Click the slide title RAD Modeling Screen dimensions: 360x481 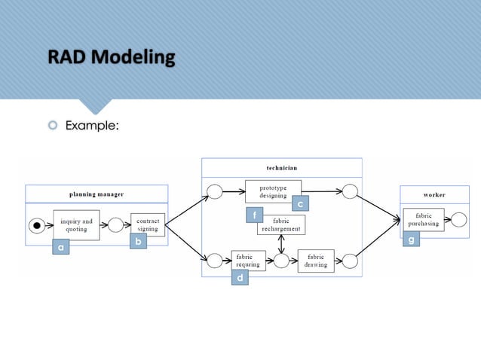click(111, 57)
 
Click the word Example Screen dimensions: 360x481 click(92, 125)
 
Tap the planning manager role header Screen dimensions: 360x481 click(98, 194)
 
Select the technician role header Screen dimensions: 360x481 click(281, 167)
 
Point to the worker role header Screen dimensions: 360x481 click(434, 194)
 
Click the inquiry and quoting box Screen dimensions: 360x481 click(76, 225)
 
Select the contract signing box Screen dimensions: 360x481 click(147, 225)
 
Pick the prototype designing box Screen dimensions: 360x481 click(273, 191)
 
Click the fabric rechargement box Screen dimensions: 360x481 click(280, 224)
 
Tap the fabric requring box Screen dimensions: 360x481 click(248, 261)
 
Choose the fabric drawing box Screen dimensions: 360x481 click(316, 261)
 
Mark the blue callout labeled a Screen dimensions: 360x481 click(60, 247)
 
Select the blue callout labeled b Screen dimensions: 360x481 click(137, 242)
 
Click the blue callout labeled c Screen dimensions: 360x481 click(300, 204)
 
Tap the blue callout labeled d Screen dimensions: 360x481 click(240, 278)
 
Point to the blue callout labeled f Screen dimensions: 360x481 click(255, 215)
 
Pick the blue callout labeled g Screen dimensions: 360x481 click(411, 239)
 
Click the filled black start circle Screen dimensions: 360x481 click(37, 225)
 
